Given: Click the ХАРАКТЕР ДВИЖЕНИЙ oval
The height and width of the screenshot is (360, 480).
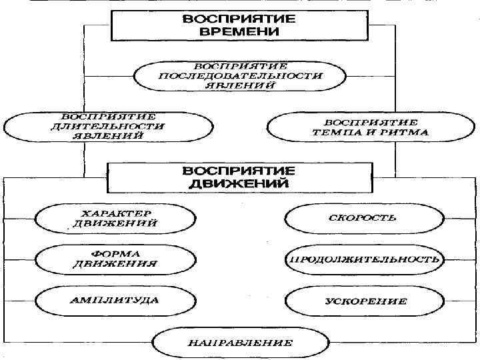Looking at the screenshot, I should (115, 217).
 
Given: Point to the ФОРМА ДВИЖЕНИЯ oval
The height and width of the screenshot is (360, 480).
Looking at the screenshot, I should (115, 258).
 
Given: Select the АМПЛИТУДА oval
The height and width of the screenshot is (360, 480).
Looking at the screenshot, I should (115, 300).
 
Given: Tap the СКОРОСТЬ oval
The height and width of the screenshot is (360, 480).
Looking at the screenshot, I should (363, 217).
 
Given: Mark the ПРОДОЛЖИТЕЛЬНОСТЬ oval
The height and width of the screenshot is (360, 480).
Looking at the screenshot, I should (363, 259).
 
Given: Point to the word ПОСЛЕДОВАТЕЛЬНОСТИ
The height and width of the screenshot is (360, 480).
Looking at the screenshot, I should (240, 76).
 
